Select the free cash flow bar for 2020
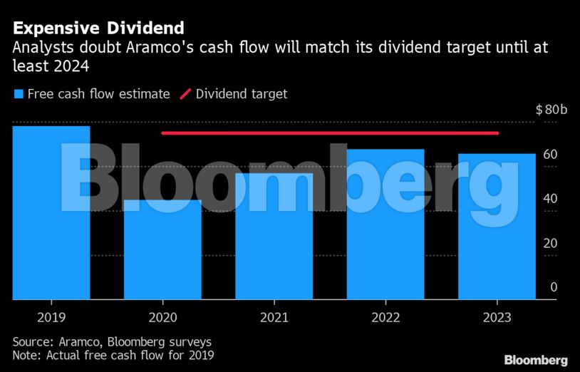tap(162, 249)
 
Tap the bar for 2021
tap(274, 236)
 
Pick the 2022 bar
tap(385, 224)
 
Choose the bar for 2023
tap(497, 226)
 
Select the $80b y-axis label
tap(551, 110)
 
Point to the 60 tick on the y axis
tap(549, 155)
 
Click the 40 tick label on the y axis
tap(549, 199)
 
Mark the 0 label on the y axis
tap(553, 286)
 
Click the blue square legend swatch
tap(18, 94)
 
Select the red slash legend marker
tap(185, 94)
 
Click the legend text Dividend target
tap(242, 94)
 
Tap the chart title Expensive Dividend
tap(98, 29)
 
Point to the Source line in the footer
tap(112, 341)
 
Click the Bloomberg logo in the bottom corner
tap(536, 360)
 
